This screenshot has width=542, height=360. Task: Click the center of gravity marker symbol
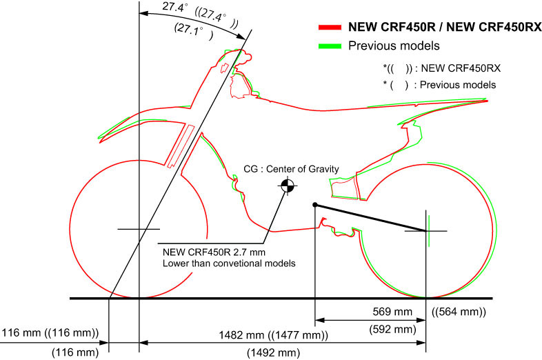click(x=287, y=185)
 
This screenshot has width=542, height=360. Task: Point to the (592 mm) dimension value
click(x=394, y=329)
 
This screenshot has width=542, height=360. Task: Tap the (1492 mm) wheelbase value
click(x=273, y=353)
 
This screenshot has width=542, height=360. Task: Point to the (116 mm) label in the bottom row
click(x=76, y=353)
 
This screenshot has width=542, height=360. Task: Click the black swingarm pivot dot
click(x=315, y=204)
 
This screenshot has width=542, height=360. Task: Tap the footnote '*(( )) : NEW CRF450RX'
click(x=441, y=68)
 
